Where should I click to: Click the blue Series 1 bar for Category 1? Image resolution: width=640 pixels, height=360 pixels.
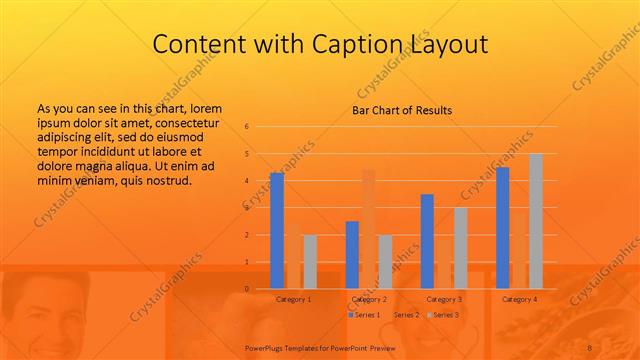coord(277,231)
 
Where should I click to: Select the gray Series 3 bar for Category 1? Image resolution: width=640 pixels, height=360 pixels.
coord(310,262)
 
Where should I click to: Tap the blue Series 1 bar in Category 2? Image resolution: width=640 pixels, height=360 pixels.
coord(352,255)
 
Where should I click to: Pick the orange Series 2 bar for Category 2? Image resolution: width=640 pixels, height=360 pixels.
coord(369,229)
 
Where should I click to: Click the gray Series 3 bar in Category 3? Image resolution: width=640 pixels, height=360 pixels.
coord(460,248)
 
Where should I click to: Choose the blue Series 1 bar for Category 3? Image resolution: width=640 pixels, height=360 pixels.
coord(427,241)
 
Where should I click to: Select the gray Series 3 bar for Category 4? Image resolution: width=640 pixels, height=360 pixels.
coord(535,221)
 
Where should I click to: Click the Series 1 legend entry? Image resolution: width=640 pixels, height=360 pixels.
coord(362,315)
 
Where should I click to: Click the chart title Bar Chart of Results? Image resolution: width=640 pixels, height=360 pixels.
coord(402,110)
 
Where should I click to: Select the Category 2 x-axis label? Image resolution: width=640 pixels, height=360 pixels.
coord(369,299)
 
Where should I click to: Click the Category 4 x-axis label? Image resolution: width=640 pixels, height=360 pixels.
coord(519,299)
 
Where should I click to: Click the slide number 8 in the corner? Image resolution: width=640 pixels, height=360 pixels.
coord(617,347)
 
